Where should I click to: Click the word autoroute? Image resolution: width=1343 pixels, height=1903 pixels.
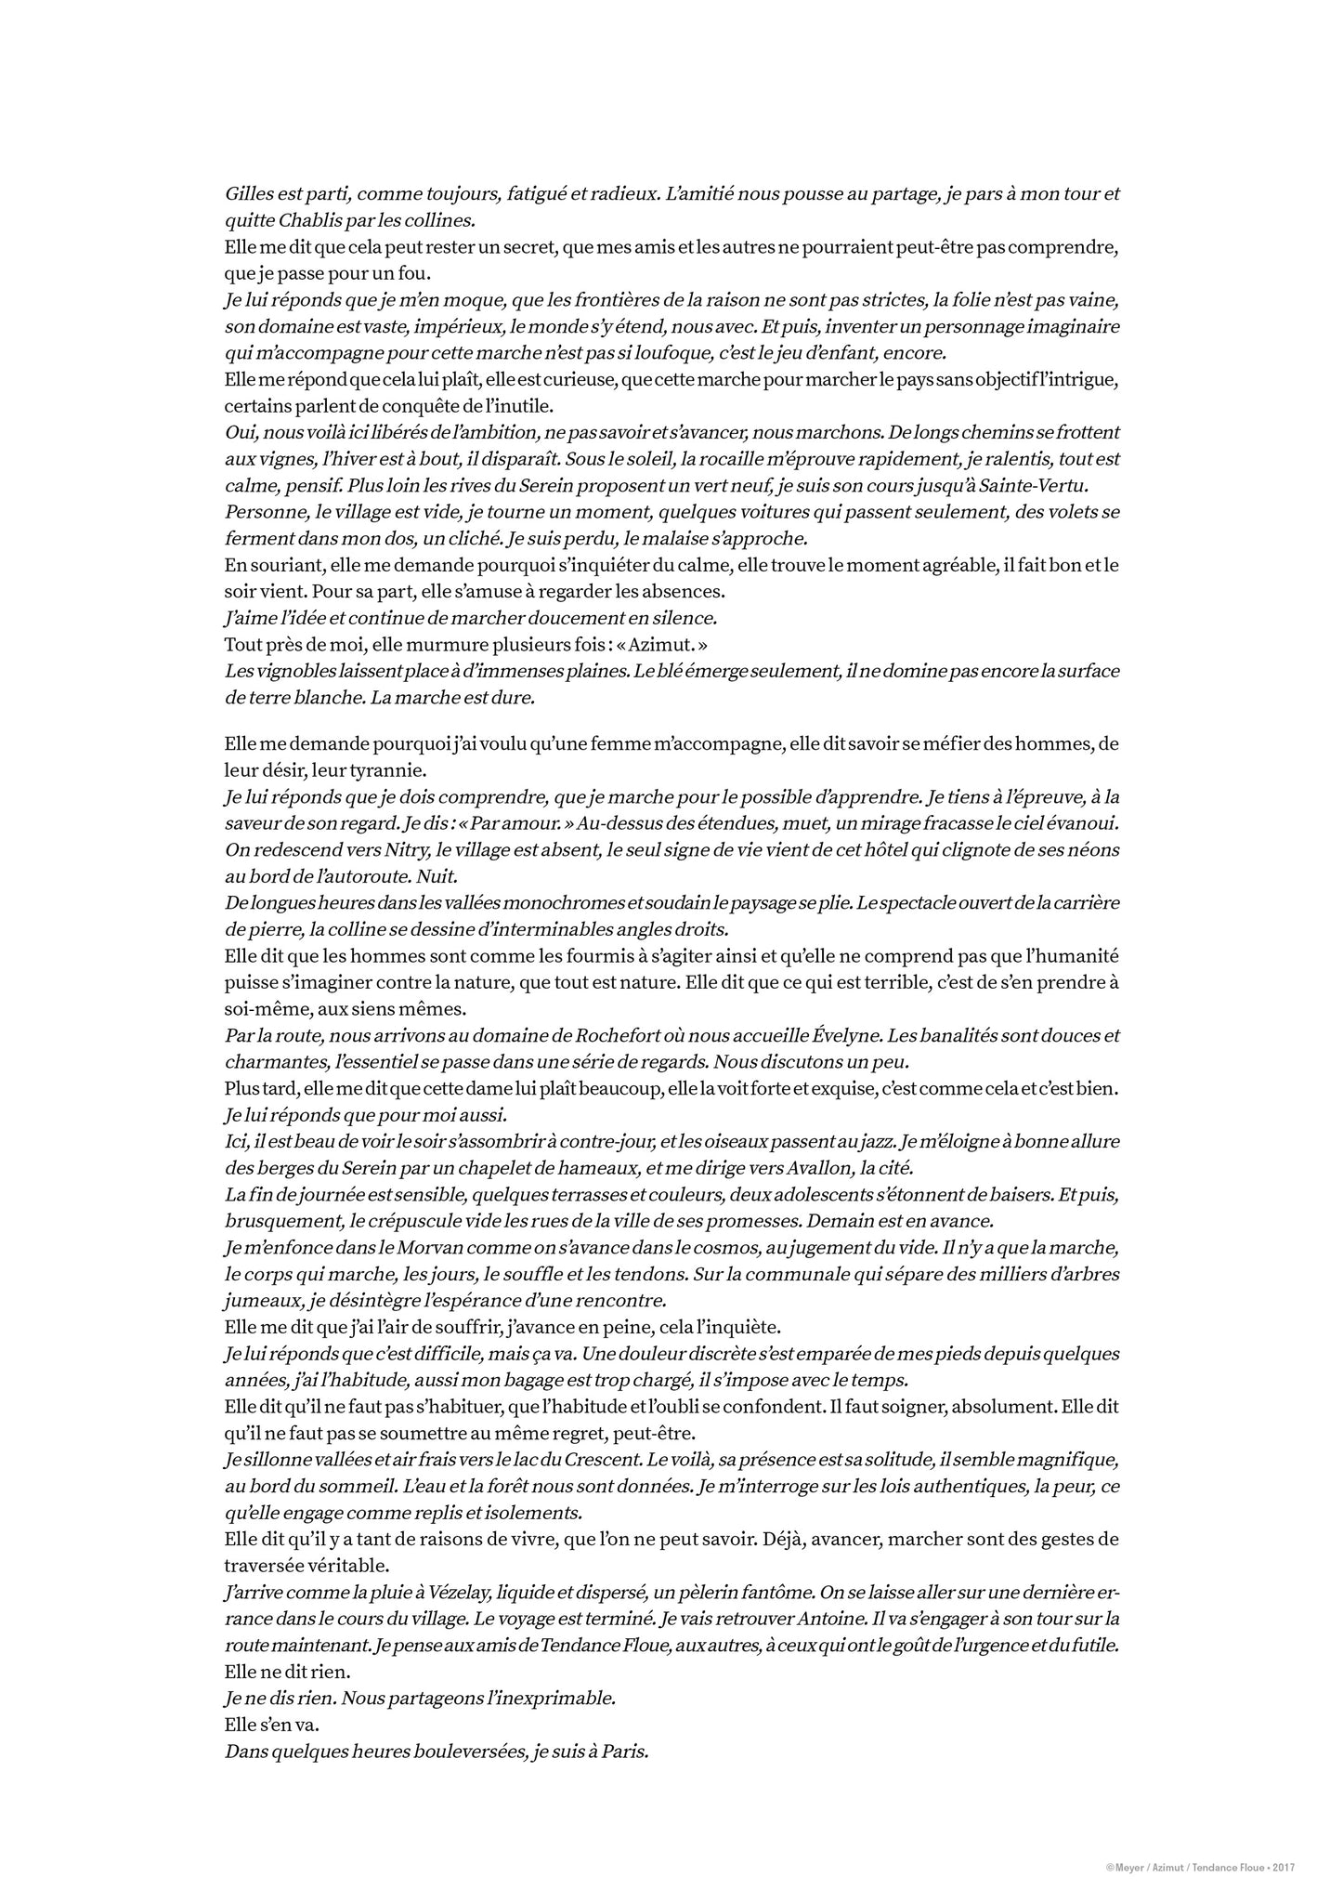click(358, 876)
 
